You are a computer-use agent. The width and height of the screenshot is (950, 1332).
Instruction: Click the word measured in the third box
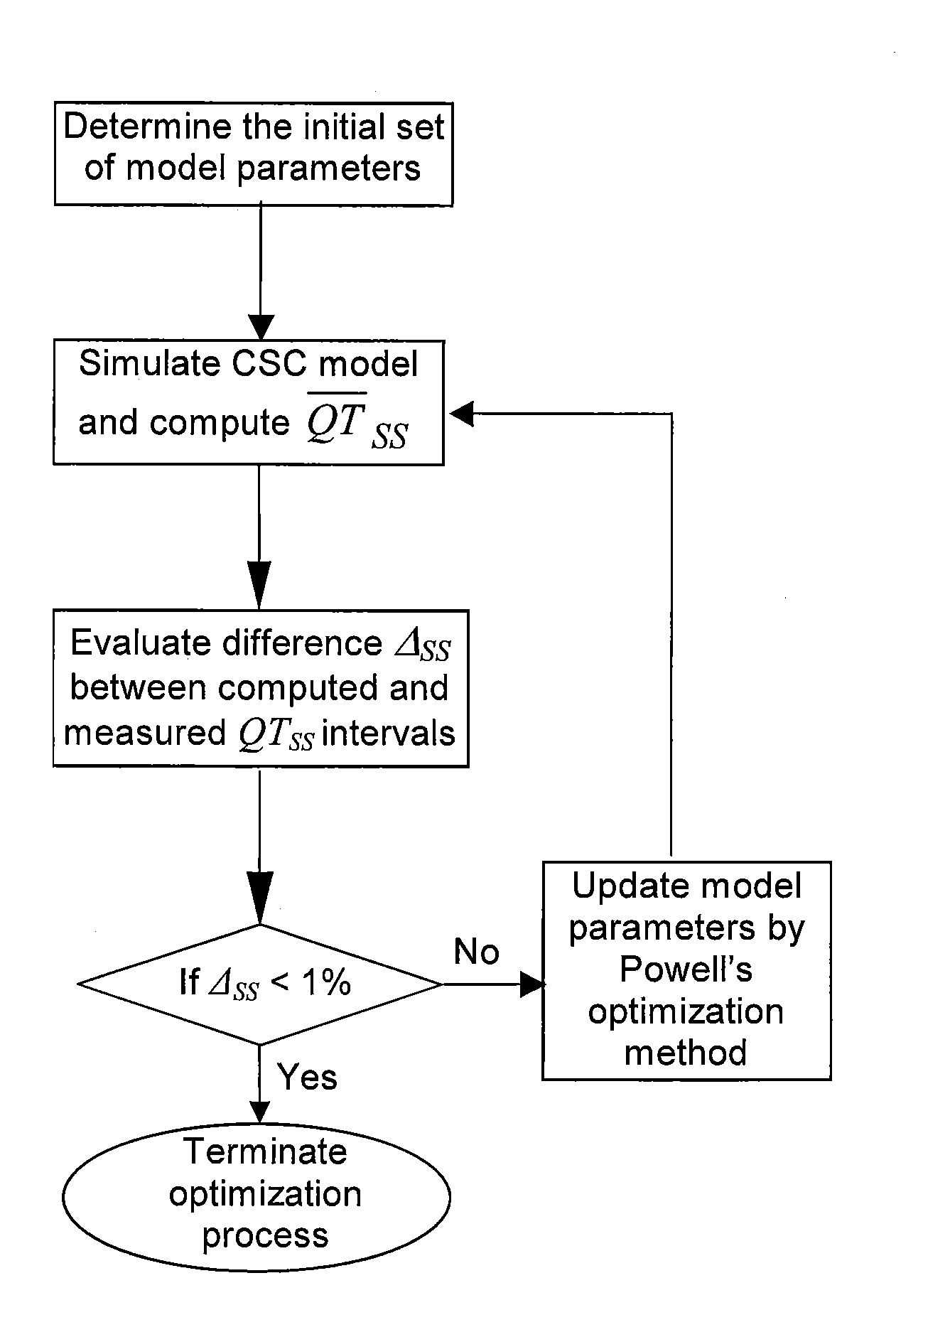pos(145,732)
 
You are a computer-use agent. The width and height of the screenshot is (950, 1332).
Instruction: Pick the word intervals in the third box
pos(388,732)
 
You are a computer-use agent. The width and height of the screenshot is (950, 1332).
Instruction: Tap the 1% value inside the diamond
pos(327,983)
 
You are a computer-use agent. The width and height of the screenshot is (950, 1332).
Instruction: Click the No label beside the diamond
pos(476,952)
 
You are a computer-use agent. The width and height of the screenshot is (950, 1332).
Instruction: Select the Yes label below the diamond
pos(307,1078)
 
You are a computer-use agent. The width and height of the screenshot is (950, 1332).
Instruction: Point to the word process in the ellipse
pos(266,1236)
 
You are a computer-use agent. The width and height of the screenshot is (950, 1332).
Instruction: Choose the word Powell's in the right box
pos(686,969)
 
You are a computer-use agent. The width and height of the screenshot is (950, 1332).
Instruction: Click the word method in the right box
pos(686,1053)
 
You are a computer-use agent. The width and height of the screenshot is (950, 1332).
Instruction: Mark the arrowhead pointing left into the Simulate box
pos(461,414)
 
